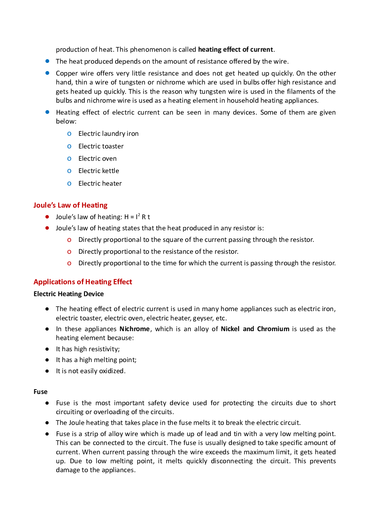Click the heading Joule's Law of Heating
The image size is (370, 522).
(x=70, y=205)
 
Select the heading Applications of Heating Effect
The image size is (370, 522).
(x=83, y=282)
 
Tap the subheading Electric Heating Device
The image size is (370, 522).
(x=69, y=294)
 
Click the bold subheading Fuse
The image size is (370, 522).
(x=41, y=392)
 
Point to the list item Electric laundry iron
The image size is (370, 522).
(x=108, y=134)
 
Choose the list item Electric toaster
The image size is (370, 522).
(x=101, y=146)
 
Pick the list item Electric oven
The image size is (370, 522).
(x=97, y=158)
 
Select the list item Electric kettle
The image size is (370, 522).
(x=98, y=171)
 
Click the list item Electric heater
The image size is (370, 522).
(x=100, y=183)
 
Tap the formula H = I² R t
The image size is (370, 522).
(x=137, y=217)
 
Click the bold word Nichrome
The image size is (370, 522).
(x=135, y=329)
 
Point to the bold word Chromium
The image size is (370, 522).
(x=273, y=329)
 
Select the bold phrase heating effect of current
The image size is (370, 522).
(x=235, y=49)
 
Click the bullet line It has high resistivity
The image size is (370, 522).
(x=88, y=349)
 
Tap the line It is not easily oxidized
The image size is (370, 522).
(x=91, y=371)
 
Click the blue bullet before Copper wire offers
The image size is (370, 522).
(x=47, y=73)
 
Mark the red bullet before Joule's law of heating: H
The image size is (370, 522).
(x=47, y=217)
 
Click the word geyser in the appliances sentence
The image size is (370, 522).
(x=203, y=318)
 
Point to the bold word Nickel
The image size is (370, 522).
(x=230, y=329)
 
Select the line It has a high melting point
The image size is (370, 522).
(x=96, y=360)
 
